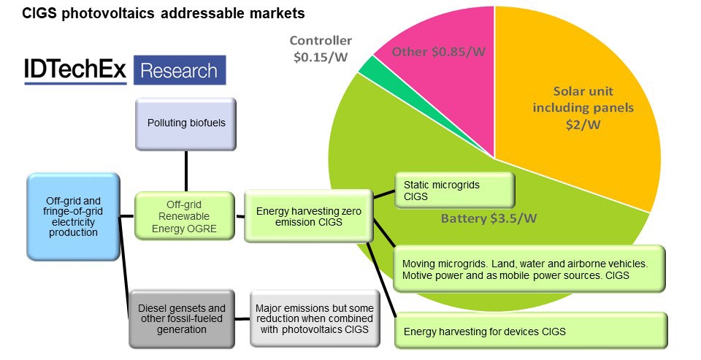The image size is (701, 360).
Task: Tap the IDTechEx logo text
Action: pos(76,71)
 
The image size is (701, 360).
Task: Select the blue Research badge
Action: pos(179,71)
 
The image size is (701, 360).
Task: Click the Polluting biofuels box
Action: pos(186,122)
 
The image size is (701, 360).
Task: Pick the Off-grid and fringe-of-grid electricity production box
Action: pos(72,217)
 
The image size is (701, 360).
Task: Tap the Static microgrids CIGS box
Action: pos(455,191)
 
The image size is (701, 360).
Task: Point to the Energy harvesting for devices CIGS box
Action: pos(531,330)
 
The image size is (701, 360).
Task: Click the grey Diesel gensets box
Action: pos(182,318)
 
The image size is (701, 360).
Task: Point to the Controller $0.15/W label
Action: pos(321,48)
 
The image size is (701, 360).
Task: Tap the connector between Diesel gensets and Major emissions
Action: pos(243,318)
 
